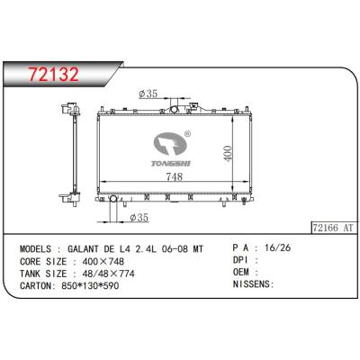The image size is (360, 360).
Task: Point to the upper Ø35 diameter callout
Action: [x=148, y=93]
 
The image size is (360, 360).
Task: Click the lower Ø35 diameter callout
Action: [x=139, y=217]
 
